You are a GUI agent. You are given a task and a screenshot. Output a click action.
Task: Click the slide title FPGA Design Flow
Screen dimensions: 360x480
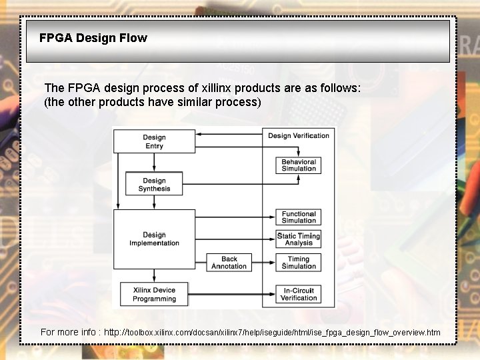click(x=93, y=38)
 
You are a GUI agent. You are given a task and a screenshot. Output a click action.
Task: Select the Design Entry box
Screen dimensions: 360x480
click(x=154, y=141)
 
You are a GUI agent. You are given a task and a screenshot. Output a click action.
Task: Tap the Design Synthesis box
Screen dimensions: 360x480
click(x=154, y=185)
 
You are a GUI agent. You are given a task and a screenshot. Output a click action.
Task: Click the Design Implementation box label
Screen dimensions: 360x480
click(x=154, y=239)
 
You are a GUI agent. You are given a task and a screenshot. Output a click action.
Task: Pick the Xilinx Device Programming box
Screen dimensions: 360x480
click(x=154, y=295)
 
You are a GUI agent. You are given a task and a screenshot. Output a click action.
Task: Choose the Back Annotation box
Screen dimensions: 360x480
click(x=229, y=263)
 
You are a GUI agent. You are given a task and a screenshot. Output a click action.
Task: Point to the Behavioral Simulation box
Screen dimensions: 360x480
click(x=298, y=165)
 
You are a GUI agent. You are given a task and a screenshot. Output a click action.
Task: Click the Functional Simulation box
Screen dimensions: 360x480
click(x=298, y=217)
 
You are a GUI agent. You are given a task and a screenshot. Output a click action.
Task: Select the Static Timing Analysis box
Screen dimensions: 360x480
click(x=298, y=239)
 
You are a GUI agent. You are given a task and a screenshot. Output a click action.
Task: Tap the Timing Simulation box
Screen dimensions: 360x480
click(x=298, y=263)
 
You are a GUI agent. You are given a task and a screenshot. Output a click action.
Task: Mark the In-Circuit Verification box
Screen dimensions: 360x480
click(x=298, y=295)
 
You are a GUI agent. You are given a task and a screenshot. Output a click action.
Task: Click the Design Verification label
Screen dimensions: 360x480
click(x=298, y=136)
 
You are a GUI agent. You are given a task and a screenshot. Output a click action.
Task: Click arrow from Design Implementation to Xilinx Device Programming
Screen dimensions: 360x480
click(x=154, y=275)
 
